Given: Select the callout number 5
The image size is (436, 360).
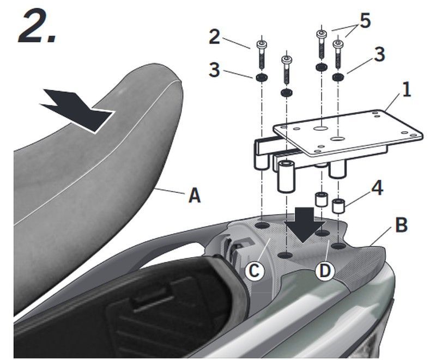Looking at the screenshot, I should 365,21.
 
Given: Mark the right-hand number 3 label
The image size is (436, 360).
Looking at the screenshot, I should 379,54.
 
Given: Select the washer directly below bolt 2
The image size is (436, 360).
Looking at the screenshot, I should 261,77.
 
